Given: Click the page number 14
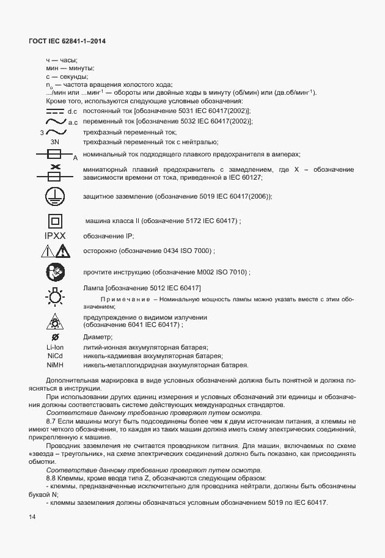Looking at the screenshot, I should pyautogui.click(x=32, y=518).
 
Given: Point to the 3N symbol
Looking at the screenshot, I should pyautogui.click(x=54, y=142).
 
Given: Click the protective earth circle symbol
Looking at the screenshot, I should pyautogui.click(x=54, y=196).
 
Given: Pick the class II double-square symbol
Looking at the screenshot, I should pyautogui.click(x=54, y=221).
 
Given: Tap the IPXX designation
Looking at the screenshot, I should pyautogui.click(x=54, y=236).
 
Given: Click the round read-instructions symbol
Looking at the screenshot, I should pyautogui.click(x=54, y=271).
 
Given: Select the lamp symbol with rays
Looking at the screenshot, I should pyautogui.click(x=54, y=298).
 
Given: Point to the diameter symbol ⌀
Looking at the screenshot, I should pyautogui.click(x=55, y=337).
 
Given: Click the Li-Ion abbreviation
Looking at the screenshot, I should pyautogui.click(x=55, y=347).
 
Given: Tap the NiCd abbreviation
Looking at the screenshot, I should pyautogui.click(x=55, y=356).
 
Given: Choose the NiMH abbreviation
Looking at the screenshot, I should pyautogui.click(x=55, y=365).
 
